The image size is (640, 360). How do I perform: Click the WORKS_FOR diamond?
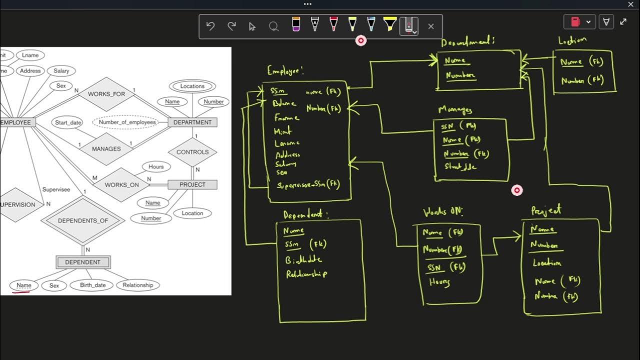106,94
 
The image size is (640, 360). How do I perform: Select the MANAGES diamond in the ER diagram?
106,149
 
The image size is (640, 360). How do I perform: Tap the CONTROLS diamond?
192,152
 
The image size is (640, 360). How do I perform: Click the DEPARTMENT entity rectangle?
192,122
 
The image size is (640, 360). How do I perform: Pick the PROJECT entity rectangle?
192,184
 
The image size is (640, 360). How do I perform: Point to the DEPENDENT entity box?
83,262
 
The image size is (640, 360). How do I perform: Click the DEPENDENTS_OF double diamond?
83,220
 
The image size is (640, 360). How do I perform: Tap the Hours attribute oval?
156,166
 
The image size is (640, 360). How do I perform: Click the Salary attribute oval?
61,71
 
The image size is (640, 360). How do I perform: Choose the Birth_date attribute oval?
93,285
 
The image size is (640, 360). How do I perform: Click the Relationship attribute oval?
137,285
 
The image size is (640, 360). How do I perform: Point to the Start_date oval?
68,122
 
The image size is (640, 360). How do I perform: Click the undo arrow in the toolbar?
210,26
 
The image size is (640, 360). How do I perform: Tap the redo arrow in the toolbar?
231,26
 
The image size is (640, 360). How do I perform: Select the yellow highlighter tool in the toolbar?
390,24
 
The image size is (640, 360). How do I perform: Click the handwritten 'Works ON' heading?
443,211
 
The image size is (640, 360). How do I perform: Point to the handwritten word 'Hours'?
439,282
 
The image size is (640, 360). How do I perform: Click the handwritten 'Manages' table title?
455,109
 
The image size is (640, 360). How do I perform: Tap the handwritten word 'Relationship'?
306,274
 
